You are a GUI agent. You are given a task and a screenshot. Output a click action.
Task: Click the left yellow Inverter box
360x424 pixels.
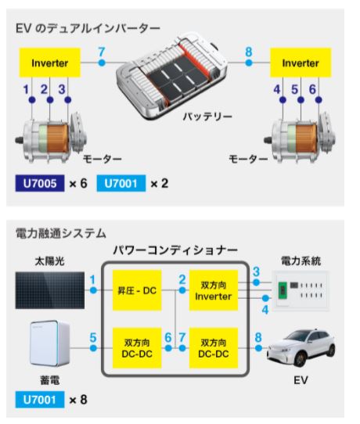point(50,63)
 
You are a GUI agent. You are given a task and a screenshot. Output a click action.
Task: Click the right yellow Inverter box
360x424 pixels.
point(301,63)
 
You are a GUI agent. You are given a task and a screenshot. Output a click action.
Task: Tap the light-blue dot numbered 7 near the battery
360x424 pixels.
point(102,63)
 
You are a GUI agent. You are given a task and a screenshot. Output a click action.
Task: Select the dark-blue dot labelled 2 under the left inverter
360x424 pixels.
point(50,100)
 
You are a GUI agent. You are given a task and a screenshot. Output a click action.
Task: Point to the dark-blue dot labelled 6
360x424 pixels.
point(319,100)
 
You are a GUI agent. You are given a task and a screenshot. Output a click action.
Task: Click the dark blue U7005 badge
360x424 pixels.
point(40,183)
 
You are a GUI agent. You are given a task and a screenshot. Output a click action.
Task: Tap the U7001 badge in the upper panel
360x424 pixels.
point(121,183)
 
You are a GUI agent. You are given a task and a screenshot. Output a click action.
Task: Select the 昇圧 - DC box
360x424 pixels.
point(137,290)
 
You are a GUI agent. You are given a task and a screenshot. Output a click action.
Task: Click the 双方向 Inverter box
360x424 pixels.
point(214,290)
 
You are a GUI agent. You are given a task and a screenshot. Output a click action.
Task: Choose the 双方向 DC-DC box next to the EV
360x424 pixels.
point(214,348)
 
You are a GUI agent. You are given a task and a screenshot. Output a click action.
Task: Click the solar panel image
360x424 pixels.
point(50,290)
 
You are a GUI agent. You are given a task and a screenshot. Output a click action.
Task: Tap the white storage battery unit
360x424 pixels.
point(49,343)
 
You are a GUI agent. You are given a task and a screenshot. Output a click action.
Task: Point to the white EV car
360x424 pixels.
point(301,347)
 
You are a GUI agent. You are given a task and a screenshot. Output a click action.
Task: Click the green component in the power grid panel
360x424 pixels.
point(283,290)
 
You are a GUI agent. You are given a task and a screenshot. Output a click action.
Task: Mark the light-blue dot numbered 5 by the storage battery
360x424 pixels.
point(93,348)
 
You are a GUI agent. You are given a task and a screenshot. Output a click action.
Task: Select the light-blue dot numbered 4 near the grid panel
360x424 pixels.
point(265,298)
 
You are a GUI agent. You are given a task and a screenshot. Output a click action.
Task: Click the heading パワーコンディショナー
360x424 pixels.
point(175,250)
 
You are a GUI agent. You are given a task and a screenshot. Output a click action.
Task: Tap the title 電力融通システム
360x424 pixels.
point(61,233)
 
